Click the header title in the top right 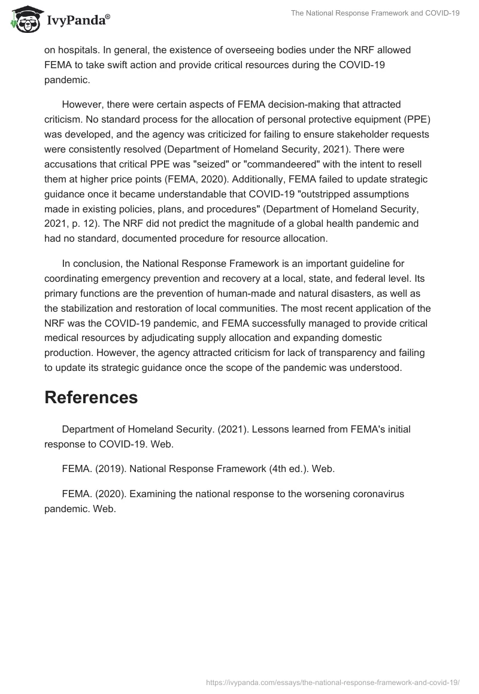pos(375,13)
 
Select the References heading pos(91,398)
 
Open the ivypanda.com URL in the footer pos(332,681)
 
